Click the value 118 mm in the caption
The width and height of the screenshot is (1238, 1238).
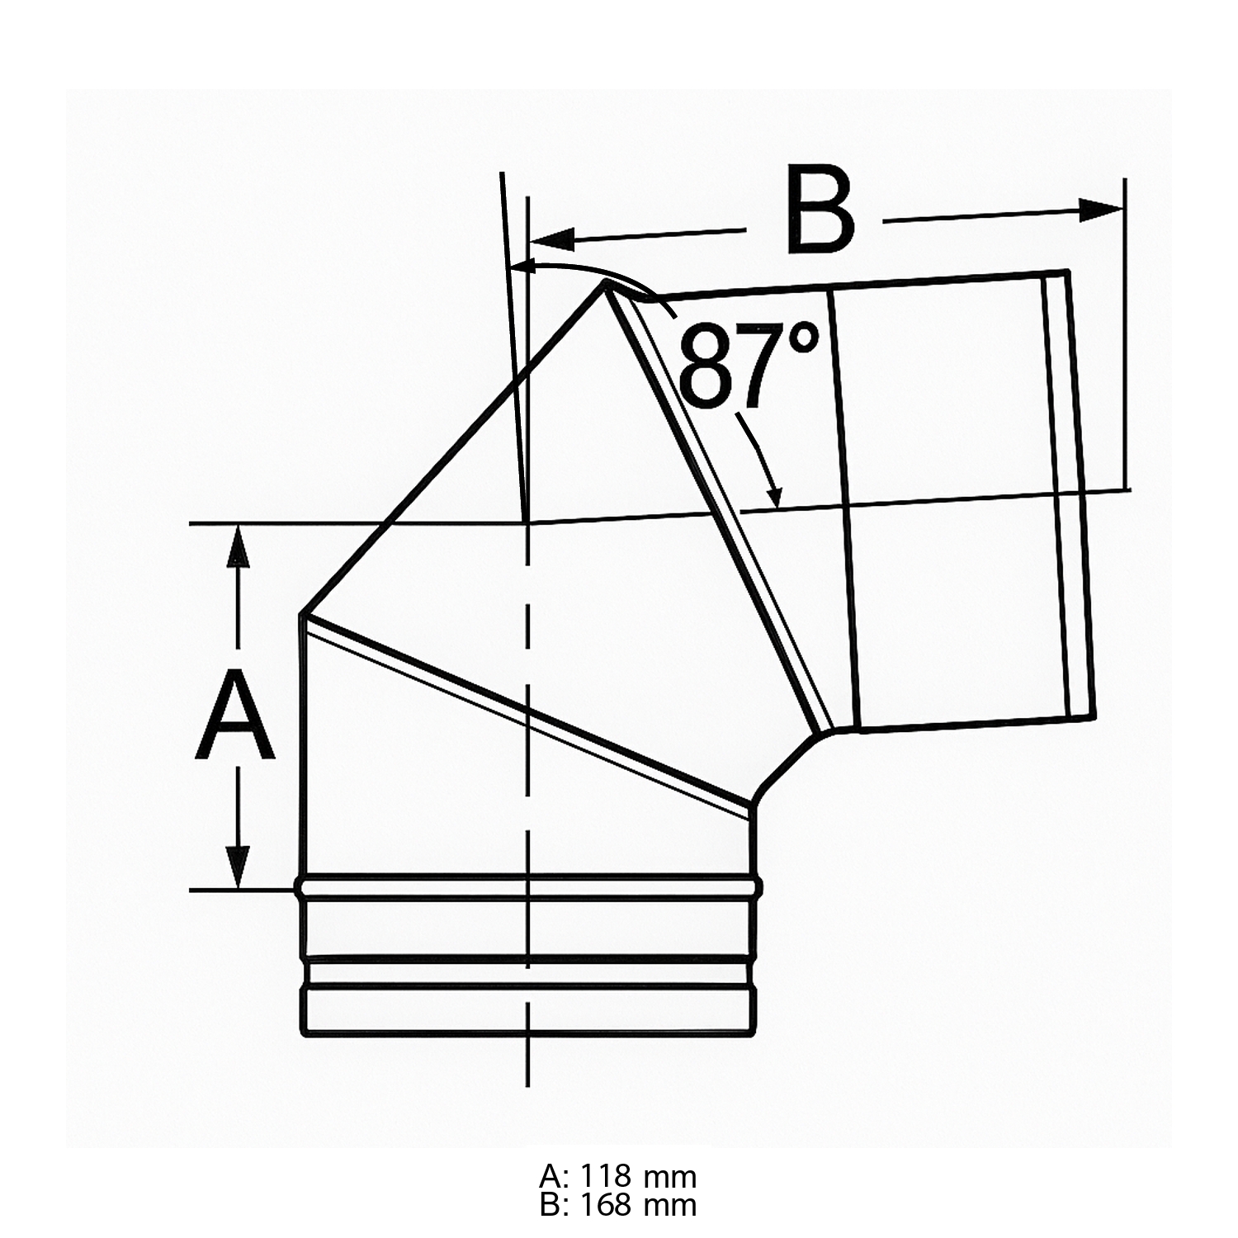click(638, 1175)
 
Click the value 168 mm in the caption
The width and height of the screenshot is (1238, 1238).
click(638, 1205)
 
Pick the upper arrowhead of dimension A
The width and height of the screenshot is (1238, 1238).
click(239, 546)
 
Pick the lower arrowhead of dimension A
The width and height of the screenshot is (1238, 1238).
click(239, 867)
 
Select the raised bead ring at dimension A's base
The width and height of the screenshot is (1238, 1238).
click(528, 887)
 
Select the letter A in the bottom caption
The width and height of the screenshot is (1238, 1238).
click(550, 1175)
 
